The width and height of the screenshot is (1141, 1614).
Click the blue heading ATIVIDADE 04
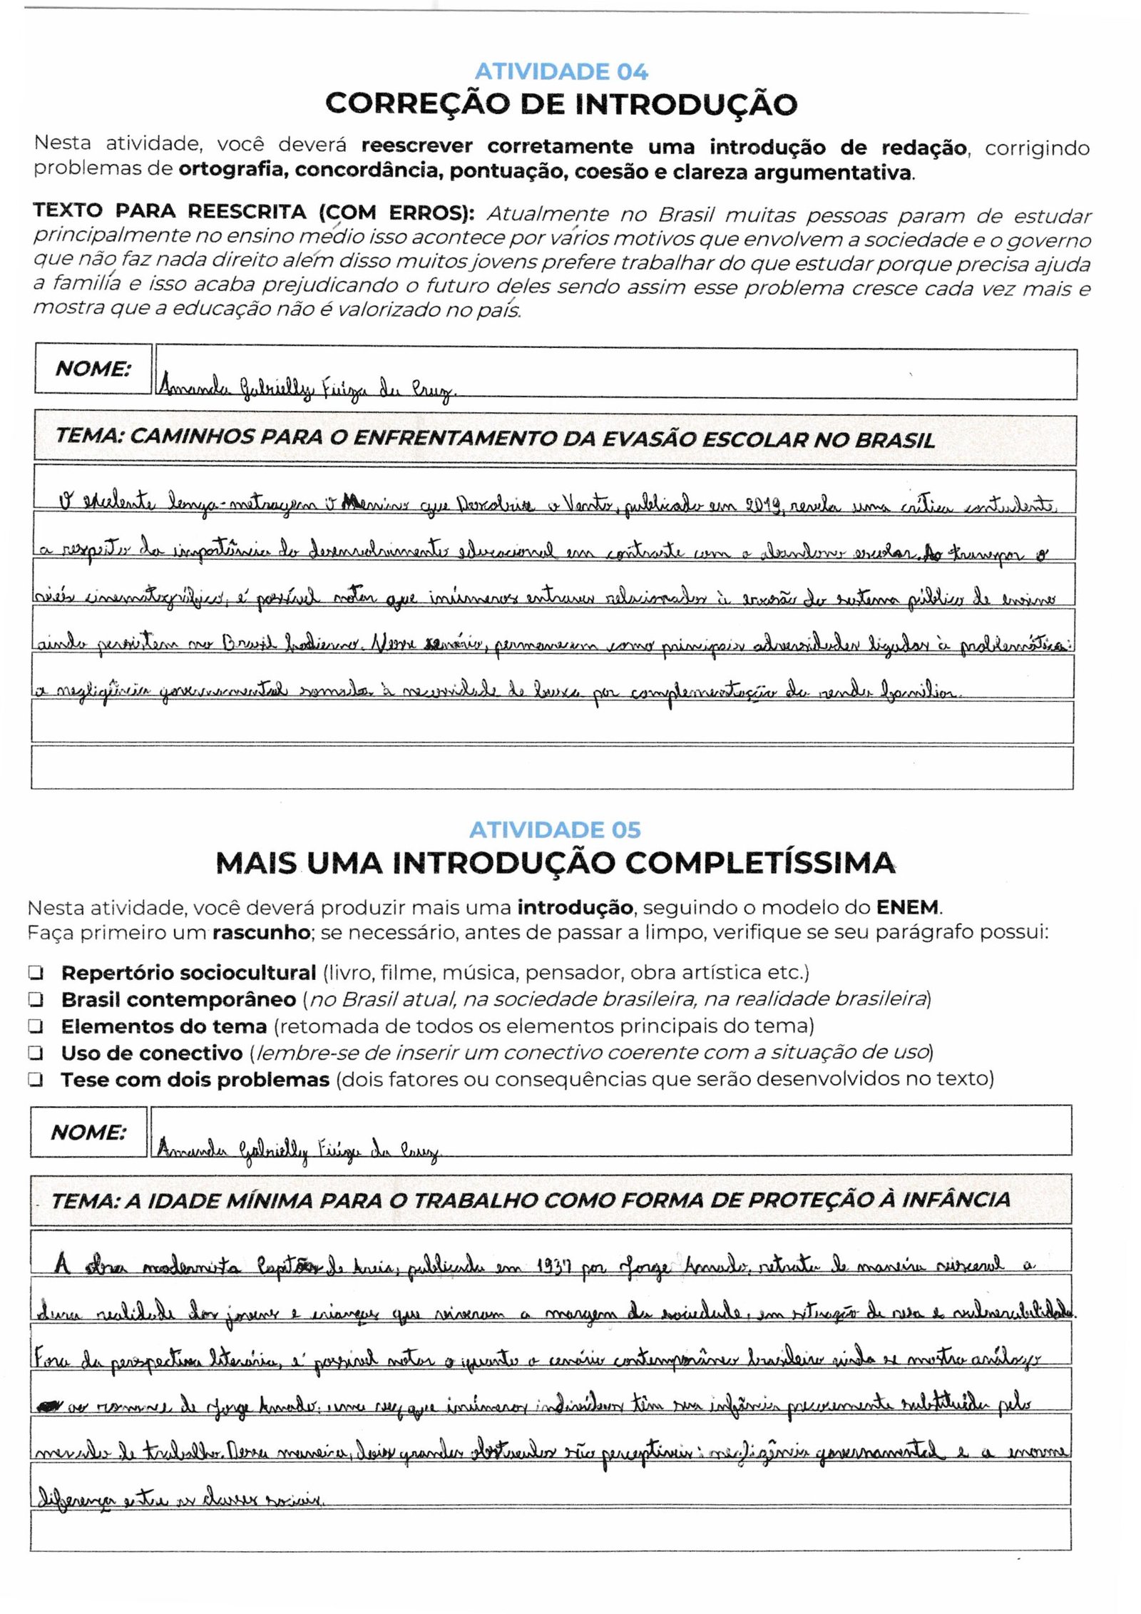tap(561, 71)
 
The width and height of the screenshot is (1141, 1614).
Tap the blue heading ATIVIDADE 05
tap(555, 829)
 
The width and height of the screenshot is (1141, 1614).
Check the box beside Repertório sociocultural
tap(36, 973)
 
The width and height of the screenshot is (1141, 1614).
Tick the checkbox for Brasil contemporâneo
tap(36, 1000)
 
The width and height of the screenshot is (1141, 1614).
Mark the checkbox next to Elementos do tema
tap(36, 1027)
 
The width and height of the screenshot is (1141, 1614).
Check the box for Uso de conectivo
tap(36, 1053)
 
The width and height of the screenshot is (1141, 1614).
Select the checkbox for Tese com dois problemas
tap(36, 1081)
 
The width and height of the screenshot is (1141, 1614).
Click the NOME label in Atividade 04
tap(93, 369)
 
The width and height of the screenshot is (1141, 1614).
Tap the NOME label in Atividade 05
tap(88, 1132)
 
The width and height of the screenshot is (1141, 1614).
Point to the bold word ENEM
tap(908, 908)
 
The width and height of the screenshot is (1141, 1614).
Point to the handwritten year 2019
tap(763, 506)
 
